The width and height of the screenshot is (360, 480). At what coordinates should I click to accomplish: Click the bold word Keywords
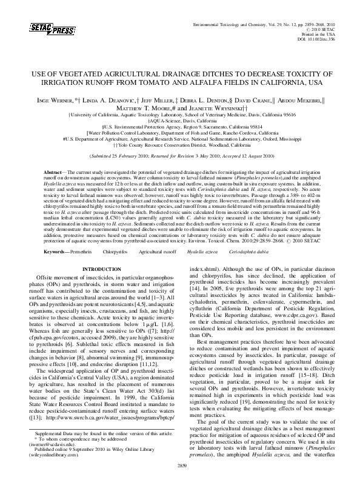pyautogui.click(x=55, y=250)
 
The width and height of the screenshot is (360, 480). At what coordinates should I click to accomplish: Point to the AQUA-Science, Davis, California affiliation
pyautogui.click(x=179, y=120)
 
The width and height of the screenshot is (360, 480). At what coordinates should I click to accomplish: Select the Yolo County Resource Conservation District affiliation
pyautogui.click(x=180, y=146)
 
